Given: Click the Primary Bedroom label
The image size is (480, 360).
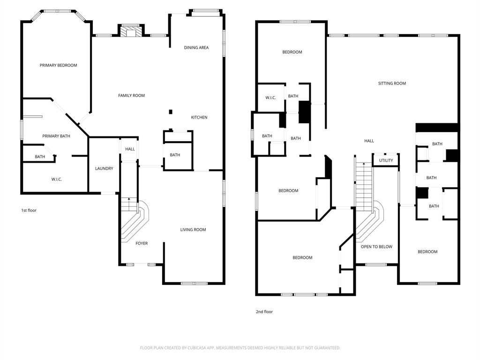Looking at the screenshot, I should click(x=58, y=65).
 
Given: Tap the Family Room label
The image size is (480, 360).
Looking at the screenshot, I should click(x=131, y=96).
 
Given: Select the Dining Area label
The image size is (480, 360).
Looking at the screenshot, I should click(x=196, y=47).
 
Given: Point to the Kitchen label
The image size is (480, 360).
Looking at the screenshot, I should click(x=199, y=117).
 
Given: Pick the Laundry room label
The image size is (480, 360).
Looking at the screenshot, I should click(x=104, y=169).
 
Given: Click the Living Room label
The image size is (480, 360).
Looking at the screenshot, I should click(x=193, y=230).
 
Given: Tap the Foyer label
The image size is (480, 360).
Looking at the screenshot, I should click(x=142, y=244).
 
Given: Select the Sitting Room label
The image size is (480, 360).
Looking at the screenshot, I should click(x=392, y=83).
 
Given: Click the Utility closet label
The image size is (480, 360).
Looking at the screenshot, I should click(x=386, y=161).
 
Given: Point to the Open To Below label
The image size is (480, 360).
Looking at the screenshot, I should click(x=376, y=247).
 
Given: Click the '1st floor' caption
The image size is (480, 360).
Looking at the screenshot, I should click(x=29, y=210).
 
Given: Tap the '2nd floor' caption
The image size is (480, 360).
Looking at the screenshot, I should click(x=264, y=312).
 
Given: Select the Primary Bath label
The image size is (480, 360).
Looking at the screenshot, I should click(x=56, y=136).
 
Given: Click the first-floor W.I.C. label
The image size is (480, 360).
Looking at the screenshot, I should click(x=56, y=180).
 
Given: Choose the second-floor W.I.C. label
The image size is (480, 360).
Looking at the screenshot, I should click(x=270, y=97).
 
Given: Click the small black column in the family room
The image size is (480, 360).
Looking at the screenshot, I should click(x=170, y=112).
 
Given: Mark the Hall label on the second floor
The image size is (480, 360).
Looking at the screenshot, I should click(x=369, y=141).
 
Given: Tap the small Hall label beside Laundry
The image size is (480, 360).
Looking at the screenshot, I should click(x=130, y=149).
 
